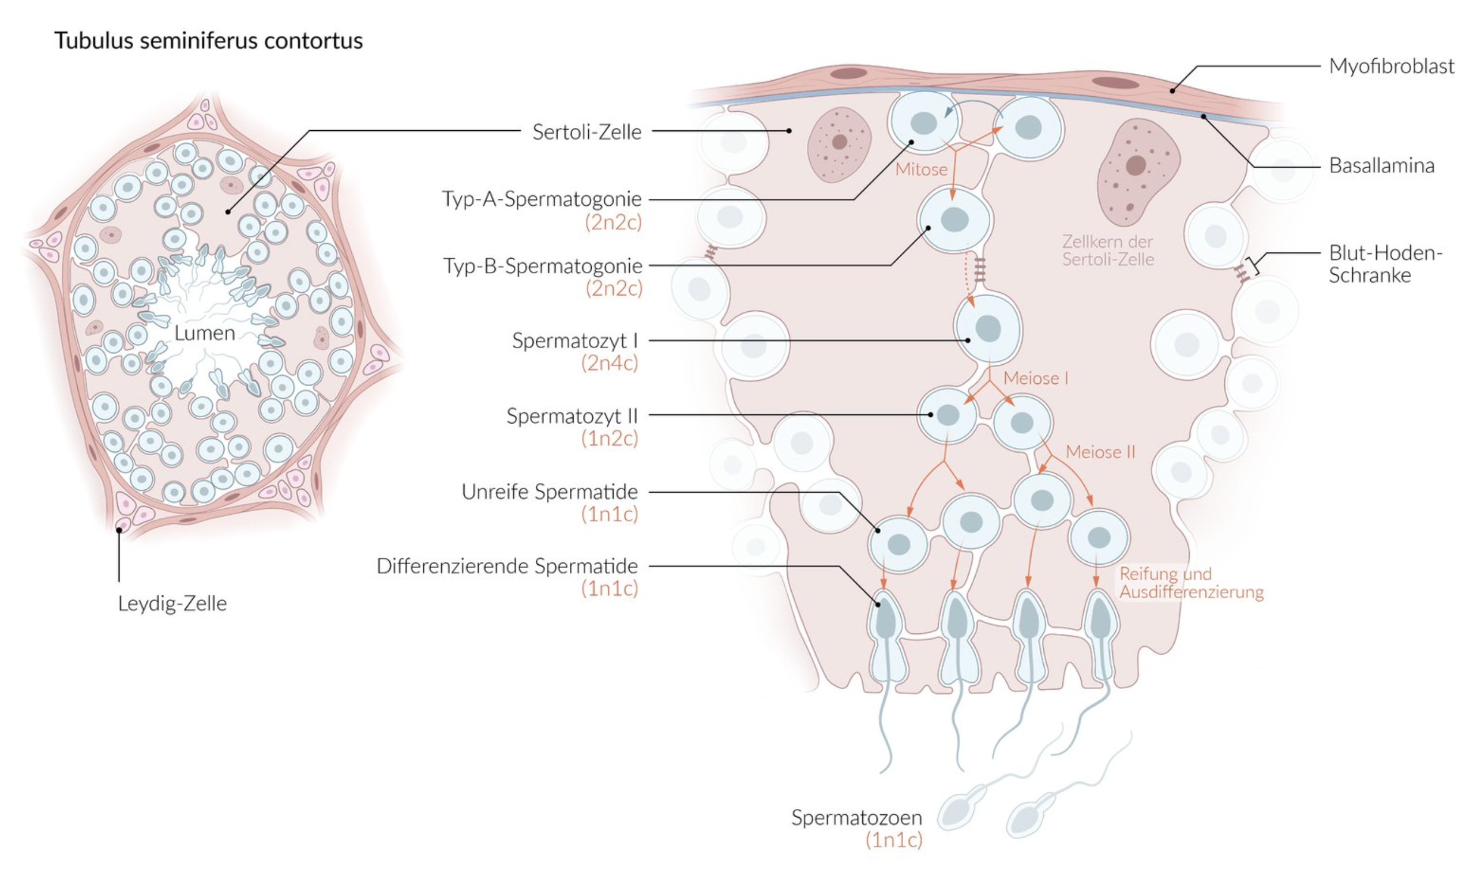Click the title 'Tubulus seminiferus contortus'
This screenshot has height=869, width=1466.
click(209, 40)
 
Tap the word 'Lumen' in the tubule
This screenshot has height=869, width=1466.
click(205, 333)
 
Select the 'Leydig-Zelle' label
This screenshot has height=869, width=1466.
click(172, 603)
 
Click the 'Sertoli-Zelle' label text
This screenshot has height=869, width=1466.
click(587, 132)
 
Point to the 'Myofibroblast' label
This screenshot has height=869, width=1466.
click(1392, 66)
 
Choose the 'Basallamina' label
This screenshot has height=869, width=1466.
click(1382, 166)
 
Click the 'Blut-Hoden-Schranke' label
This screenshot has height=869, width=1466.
click(1385, 263)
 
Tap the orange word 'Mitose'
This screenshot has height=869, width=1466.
click(921, 169)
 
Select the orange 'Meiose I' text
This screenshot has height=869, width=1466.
click(1036, 378)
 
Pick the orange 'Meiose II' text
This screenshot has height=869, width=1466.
click(1100, 452)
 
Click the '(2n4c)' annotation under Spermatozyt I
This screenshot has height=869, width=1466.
click(610, 363)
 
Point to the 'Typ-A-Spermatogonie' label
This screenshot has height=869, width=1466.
click(542, 199)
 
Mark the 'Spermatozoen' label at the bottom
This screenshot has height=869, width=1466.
click(856, 818)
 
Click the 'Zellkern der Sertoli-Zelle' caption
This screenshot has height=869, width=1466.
click(1108, 251)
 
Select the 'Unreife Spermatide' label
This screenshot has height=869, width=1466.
click(550, 492)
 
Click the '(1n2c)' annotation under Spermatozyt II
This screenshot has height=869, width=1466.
click(610, 439)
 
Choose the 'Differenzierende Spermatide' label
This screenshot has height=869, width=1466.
click(507, 566)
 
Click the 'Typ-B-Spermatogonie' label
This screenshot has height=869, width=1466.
click(543, 266)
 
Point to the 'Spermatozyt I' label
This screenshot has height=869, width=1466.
click(574, 341)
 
